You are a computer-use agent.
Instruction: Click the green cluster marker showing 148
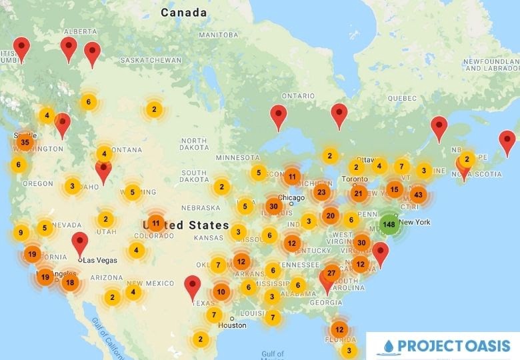pyautogui.click(x=389, y=224)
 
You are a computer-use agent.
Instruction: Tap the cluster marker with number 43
pyautogui.click(x=418, y=195)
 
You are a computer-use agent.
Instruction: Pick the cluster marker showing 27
pyautogui.click(x=332, y=273)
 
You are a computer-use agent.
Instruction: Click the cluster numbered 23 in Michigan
pyautogui.click(x=322, y=193)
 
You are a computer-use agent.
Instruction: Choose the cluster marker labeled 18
pyautogui.click(x=70, y=283)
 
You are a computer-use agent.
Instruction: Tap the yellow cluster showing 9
pyautogui.click(x=21, y=233)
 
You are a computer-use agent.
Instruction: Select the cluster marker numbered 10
pyautogui.click(x=221, y=291)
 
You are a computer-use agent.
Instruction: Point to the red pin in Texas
pyautogui.click(x=193, y=285)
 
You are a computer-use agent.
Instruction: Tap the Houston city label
pyautogui.click(x=232, y=325)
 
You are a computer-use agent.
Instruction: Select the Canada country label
pyautogui.click(x=183, y=12)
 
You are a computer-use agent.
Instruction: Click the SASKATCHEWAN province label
pyautogui.click(x=151, y=60)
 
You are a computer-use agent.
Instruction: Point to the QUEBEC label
pyautogui.click(x=402, y=98)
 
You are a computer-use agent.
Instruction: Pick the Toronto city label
pyautogui.click(x=354, y=180)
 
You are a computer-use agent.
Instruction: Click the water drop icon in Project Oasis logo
pyautogui.click(x=388, y=347)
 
